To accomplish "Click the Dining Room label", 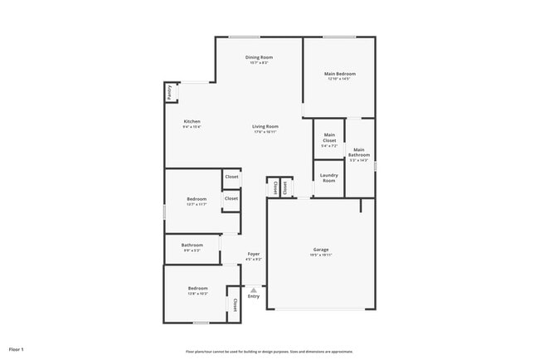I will coord(260,57).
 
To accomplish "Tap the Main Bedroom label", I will coord(339,74).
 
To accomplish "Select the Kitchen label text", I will coord(192,122).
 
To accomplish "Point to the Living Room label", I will coord(265,126).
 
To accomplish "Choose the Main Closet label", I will coord(329,138).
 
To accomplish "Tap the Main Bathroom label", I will coord(359,152).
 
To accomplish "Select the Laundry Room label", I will coord(329,178).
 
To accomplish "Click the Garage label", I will coord(321,250).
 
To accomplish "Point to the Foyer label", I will coord(253,254).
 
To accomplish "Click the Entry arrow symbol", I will coord(254,289).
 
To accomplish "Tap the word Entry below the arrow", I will coord(254,296).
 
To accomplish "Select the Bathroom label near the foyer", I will coord(192,245).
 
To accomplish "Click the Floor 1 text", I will coord(17,349).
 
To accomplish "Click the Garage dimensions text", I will coord(321,255).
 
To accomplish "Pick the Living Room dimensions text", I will coord(265,132).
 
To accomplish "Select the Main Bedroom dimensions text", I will coord(339,80).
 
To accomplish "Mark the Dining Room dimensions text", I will coord(260,63).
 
